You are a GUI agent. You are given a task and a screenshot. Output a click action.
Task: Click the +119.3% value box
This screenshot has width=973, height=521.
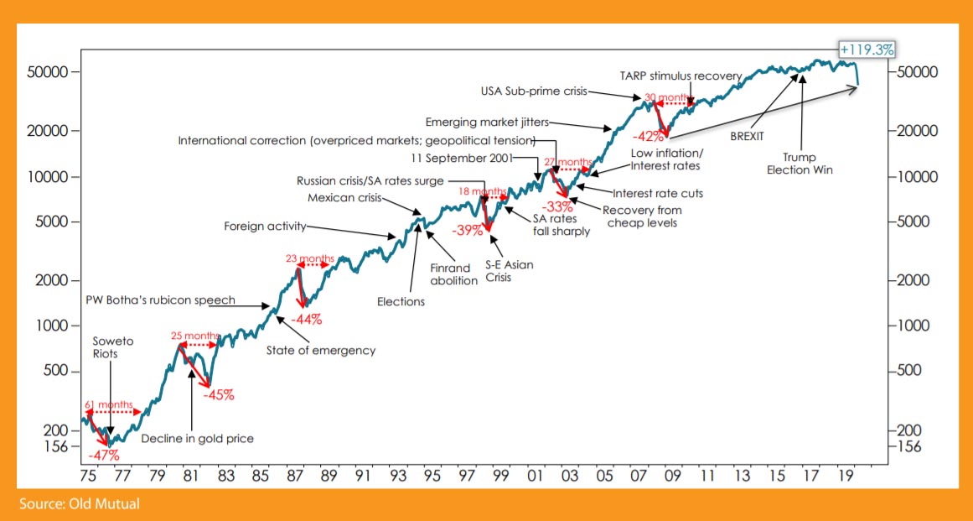pos(867,49)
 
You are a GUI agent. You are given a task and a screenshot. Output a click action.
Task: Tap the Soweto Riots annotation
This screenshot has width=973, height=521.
pos(113,347)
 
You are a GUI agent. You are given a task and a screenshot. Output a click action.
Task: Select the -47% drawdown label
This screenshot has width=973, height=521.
pos(105,456)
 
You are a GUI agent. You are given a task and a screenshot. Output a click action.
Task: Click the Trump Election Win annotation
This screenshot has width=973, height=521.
pos(802,163)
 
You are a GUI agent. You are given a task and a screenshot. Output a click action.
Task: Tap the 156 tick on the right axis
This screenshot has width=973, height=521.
pos(908,446)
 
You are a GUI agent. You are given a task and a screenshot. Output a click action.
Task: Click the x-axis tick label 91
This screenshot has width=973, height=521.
pos(361,476)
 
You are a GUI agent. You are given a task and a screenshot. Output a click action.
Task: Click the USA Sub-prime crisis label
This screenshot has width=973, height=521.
pos(534,92)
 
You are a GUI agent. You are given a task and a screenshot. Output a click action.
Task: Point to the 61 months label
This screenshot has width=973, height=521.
pos(110,405)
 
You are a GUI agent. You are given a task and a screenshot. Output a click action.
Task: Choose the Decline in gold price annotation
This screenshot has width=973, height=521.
pos(197,438)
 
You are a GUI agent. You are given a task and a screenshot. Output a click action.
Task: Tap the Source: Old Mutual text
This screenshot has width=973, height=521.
pos(80,503)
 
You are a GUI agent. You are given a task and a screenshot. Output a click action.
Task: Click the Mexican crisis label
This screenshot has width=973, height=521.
pos(344,199)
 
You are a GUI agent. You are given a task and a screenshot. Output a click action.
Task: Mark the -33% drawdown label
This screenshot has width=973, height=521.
pos(557,206)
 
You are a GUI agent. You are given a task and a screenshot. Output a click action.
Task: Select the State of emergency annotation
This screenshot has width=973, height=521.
pos(321,350)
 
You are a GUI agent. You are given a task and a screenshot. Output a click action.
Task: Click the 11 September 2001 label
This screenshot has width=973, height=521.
pos(463,158)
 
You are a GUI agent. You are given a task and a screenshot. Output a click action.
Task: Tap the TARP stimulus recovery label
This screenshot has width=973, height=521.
pos(681,76)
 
